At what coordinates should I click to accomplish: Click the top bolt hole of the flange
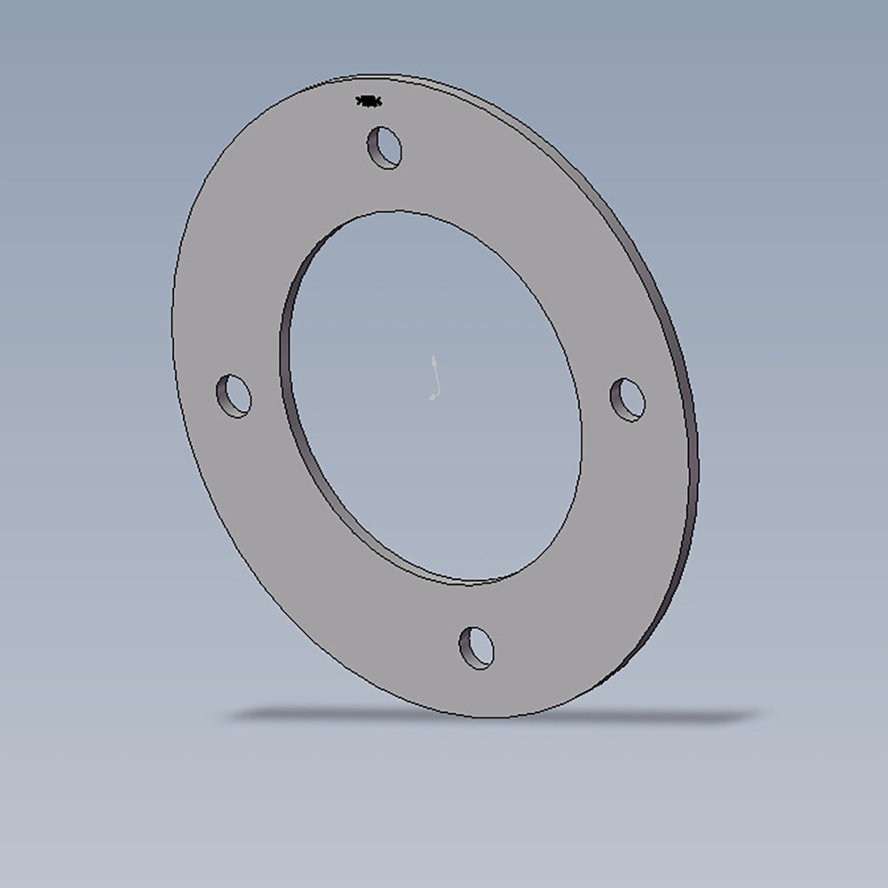coord(385,147)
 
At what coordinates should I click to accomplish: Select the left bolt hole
coord(234,396)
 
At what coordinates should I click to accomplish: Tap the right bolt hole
coord(627,400)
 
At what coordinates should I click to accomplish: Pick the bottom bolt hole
coord(477,647)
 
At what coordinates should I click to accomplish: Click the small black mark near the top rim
coord(369,101)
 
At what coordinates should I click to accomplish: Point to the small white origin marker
coord(434,378)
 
